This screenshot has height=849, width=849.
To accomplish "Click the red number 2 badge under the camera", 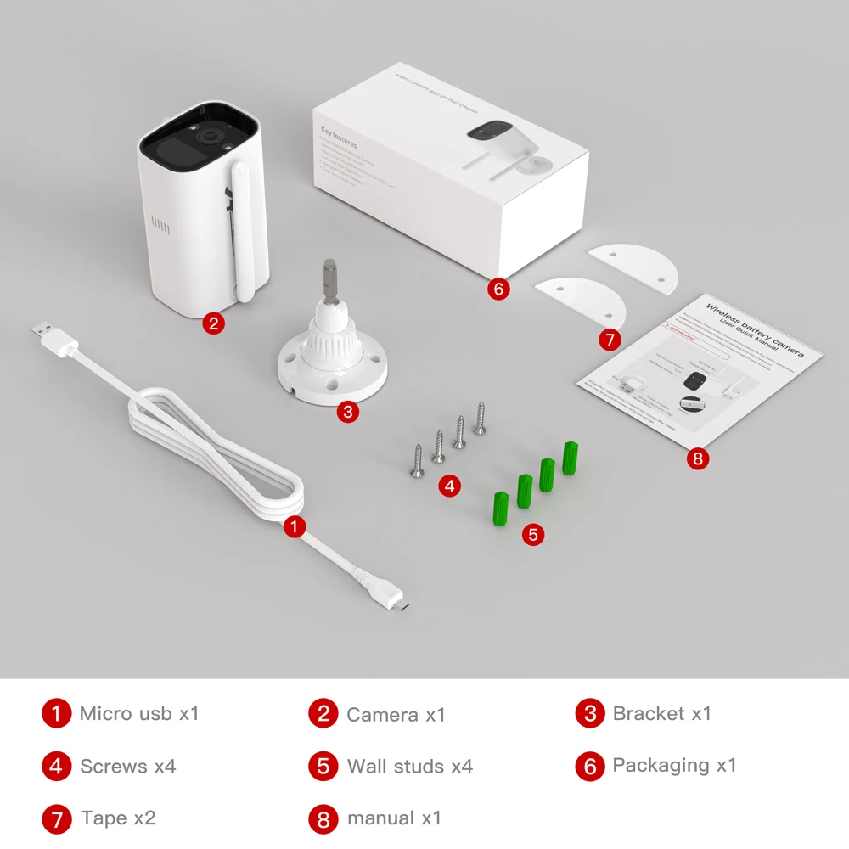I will [x=214, y=323].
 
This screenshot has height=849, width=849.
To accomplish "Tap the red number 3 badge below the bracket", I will [x=346, y=413].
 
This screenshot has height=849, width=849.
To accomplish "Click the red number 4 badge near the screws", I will [x=450, y=486].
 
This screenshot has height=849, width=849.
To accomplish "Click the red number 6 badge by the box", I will [x=498, y=289].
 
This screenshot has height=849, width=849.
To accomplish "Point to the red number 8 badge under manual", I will [x=697, y=458].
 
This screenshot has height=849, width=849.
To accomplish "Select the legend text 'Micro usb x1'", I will [x=139, y=713].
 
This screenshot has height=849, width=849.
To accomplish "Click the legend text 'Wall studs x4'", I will [x=409, y=767].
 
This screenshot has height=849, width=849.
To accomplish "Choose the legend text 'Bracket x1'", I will [x=661, y=713].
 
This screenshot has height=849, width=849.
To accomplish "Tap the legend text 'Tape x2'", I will [x=118, y=818].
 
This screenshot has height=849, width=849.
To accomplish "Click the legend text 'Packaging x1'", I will [x=674, y=765].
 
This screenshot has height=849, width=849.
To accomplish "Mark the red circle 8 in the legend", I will [x=323, y=819].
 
